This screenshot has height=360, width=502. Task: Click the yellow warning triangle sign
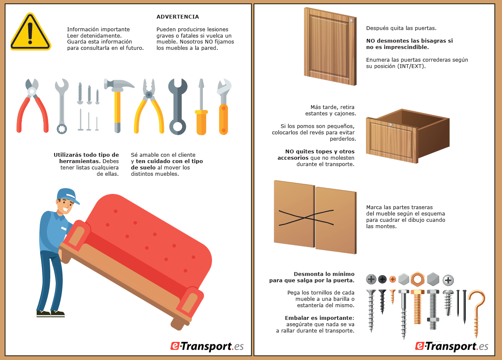pyautogui.click(x=30, y=32)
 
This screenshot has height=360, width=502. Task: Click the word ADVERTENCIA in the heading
pyautogui.click(x=177, y=16)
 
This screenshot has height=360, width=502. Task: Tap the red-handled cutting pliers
pyautogui.click(x=32, y=106)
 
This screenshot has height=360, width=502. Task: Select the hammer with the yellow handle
pyautogui.click(x=117, y=106)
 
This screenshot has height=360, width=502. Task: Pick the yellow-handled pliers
pyautogui.click(x=149, y=106)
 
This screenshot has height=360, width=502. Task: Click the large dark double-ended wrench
pyautogui.click(x=177, y=106)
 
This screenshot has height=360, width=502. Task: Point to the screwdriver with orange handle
pyautogui.click(x=202, y=106)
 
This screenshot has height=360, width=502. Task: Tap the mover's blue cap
pyautogui.click(x=68, y=195)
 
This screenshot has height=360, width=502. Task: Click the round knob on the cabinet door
pyautogui.click(x=352, y=21)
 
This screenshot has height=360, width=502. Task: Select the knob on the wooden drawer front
pyautogui.click(x=390, y=125)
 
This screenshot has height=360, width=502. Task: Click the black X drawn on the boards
pyautogui.click(x=306, y=218)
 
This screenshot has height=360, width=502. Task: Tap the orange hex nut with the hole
pyautogui.click(x=417, y=279)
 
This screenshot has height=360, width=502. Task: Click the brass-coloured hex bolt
pyautogui.click(x=417, y=307)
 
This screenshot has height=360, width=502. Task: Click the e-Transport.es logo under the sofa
pyautogui.click(x=207, y=346)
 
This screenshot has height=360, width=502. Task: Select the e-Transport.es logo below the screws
pyautogui.click(x=451, y=346)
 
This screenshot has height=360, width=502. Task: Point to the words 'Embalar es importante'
pyautogui.click(x=319, y=318)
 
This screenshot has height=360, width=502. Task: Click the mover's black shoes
pyautogui.click(x=51, y=314)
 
